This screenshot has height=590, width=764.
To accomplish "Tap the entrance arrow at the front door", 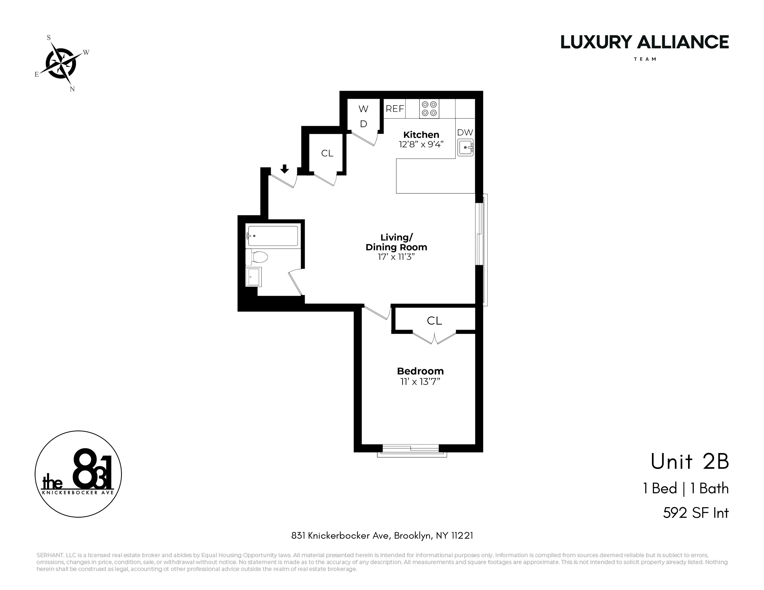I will click(x=285, y=169).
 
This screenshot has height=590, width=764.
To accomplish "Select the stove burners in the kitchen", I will click(x=429, y=109).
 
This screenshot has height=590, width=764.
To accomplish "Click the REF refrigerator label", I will click(x=395, y=109).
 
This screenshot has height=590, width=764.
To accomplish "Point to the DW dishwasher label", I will click(x=465, y=133).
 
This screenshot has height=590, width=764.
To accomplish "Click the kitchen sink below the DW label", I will click(x=466, y=148).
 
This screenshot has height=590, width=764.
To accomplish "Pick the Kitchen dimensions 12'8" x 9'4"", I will click(x=421, y=144).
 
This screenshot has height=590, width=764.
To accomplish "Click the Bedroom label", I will click(x=420, y=371).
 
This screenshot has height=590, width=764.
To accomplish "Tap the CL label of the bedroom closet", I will click(x=435, y=320).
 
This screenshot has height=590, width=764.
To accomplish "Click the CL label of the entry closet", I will click(x=327, y=153).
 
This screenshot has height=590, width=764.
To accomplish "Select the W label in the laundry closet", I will click(x=363, y=109).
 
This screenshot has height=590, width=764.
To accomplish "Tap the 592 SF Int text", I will click(x=695, y=513).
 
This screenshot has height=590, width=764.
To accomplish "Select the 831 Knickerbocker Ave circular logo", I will click(x=78, y=474).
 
